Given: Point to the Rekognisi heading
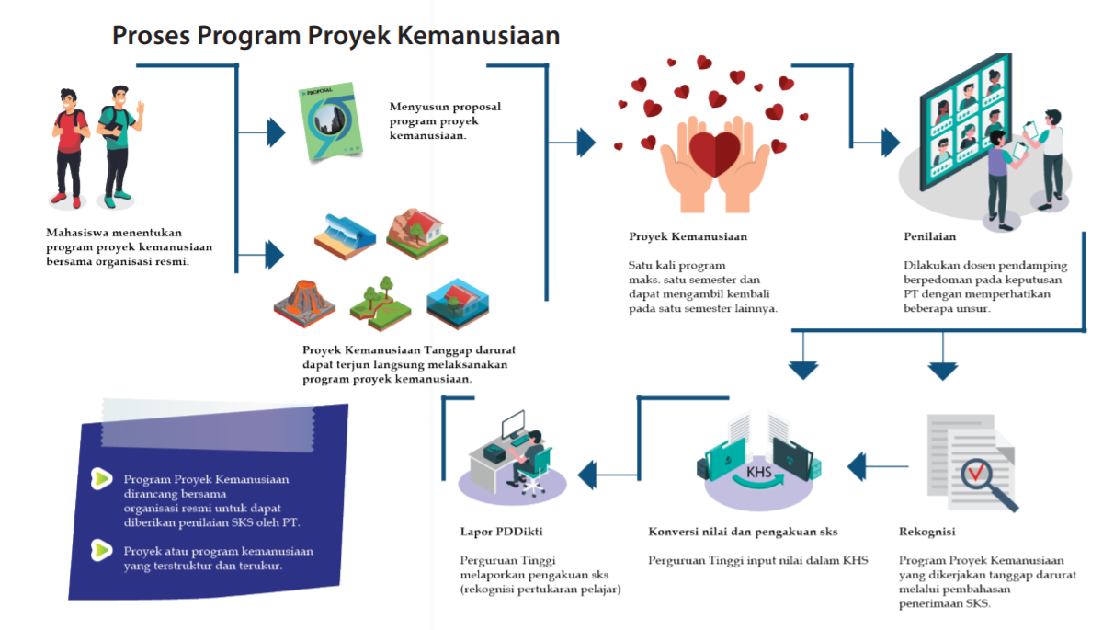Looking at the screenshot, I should tap(927, 532).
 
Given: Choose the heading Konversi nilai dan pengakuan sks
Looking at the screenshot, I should tap(743, 532).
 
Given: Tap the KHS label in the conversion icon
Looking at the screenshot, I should tap(759, 473).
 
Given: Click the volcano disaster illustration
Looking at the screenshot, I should tap(304, 304).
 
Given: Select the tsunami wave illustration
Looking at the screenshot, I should tap(345, 234).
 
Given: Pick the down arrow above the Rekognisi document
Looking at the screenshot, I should tap(942, 369).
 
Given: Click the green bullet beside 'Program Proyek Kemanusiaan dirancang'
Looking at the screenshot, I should tap(100, 478).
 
